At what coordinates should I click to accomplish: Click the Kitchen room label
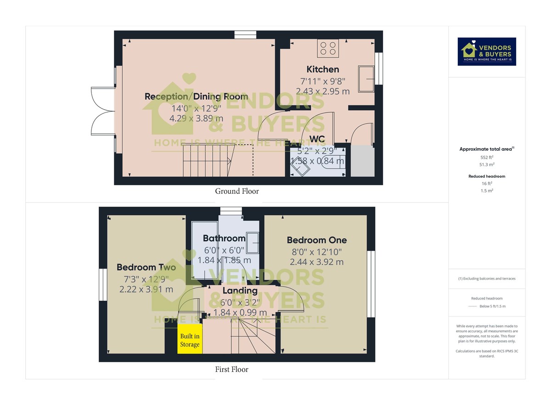(323, 69)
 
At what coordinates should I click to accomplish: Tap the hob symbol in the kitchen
(328, 49)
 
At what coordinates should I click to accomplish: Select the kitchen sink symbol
(366, 79)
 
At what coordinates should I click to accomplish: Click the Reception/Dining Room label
(197, 96)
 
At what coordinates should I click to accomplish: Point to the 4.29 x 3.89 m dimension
(197, 118)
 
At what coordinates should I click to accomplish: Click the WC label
(317, 139)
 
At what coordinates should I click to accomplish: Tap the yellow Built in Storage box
(190, 339)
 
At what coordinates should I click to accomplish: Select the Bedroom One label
(317, 240)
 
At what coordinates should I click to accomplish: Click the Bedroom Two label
(146, 267)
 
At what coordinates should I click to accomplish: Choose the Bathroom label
(224, 238)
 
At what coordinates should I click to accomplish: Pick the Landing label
(240, 291)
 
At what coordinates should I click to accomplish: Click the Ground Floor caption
(237, 191)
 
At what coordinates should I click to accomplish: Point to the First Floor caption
(232, 369)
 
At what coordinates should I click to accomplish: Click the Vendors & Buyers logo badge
(487, 51)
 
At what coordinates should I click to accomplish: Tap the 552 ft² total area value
(487, 157)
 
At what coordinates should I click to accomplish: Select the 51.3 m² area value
(487, 164)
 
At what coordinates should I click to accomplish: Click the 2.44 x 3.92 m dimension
(316, 262)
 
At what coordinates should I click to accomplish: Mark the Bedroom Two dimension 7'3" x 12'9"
(146, 279)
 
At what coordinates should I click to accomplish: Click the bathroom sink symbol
(253, 243)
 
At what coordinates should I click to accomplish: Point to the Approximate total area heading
(487, 149)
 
